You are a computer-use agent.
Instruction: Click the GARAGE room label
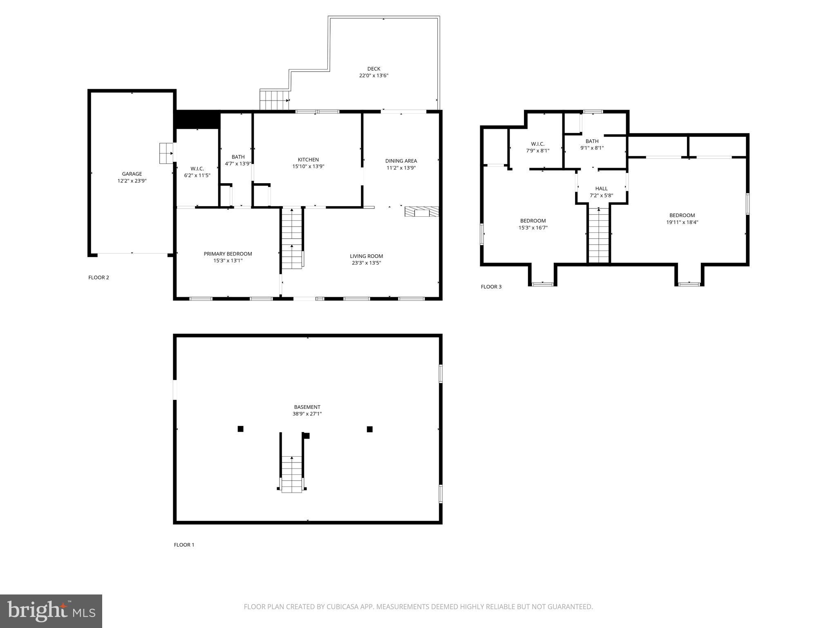point(132,174)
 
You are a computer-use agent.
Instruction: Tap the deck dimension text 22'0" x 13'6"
point(374,76)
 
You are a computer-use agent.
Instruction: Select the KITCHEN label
point(308,160)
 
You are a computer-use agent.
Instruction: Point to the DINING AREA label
point(401,161)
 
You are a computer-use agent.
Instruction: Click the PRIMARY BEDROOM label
point(228,254)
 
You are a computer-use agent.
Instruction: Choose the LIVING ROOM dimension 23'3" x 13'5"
point(366,263)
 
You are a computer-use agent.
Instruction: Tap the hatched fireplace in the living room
point(421,211)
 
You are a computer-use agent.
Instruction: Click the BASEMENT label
point(307,407)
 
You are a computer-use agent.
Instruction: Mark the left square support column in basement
point(240,429)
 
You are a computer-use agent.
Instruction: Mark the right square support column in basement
point(369,429)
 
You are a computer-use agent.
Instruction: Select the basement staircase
point(292,474)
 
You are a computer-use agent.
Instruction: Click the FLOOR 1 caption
point(184,545)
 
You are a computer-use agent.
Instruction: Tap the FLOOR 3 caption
point(491,287)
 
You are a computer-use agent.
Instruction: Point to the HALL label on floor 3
point(601,188)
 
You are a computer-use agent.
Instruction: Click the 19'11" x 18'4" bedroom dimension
point(682,222)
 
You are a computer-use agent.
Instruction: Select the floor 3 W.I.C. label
point(537,144)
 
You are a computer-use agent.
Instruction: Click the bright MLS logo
point(51,611)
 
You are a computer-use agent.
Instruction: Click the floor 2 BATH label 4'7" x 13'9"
point(238,157)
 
